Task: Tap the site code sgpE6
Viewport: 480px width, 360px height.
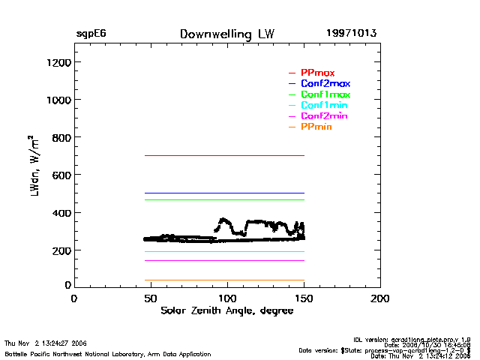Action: [x=91, y=34]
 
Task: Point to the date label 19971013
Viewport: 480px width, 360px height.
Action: [x=351, y=34]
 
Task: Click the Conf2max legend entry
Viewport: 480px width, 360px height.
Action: [x=325, y=83]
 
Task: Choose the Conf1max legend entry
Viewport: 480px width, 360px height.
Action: [x=325, y=94]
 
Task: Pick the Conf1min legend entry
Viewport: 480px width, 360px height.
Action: [x=324, y=106]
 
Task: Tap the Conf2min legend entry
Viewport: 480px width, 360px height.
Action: [x=324, y=116]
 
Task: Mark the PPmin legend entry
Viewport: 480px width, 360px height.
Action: [x=316, y=127]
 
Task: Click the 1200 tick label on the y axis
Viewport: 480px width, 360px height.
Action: [x=58, y=62]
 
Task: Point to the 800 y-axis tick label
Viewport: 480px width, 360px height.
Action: [x=61, y=137]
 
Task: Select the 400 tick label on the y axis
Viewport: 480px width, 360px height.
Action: [x=61, y=213]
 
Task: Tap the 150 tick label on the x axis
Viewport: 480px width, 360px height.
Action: [x=304, y=298]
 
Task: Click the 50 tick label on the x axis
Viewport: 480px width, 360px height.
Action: [x=150, y=298]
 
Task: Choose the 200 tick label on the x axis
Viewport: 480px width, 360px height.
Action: [x=380, y=298]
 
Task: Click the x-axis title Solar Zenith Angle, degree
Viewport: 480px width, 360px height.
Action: [x=226, y=310]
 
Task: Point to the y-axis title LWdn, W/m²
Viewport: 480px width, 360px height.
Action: [x=34, y=166]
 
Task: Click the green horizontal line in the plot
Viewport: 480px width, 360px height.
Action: [x=225, y=199]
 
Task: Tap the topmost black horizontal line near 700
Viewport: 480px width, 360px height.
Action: [x=225, y=155]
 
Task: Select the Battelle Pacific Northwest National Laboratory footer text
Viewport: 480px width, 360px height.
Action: [x=108, y=354]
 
